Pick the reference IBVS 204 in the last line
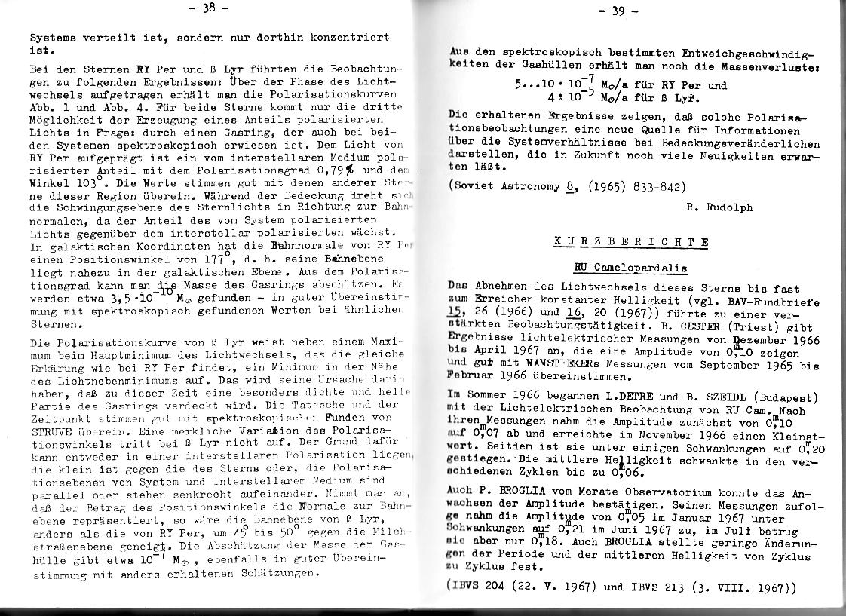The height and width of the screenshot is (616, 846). tap(489, 586)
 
